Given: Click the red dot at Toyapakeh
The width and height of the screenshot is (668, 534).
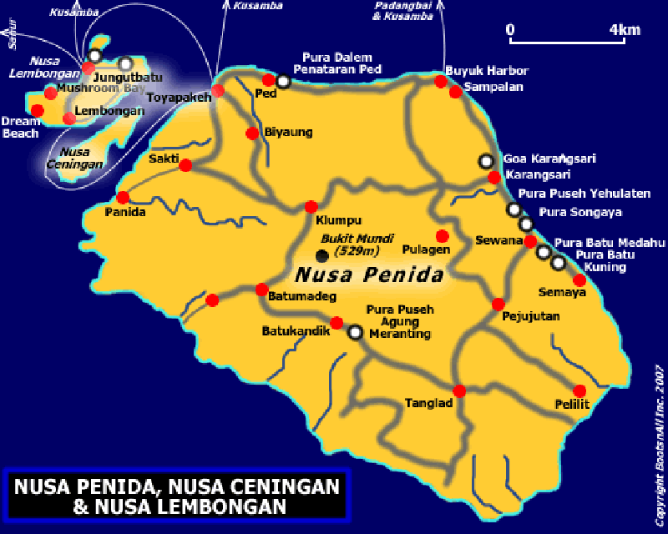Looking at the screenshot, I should click(218, 90).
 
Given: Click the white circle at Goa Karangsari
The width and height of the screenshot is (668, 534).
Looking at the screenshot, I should click(485, 160).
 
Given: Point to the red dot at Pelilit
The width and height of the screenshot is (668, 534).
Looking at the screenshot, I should click(579, 390).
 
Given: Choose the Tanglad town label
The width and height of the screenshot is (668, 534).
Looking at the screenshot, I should click(428, 403).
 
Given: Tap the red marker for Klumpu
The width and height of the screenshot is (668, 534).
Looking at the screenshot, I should click(311, 206).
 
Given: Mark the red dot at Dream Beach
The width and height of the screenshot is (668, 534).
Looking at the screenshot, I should click(37, 110).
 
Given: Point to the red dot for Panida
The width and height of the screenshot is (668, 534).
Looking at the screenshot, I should click(123, 198).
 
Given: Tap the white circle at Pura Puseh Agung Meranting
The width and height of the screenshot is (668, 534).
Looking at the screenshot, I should click(355, 332).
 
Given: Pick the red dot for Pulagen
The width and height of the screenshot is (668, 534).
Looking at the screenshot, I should click(442, 235).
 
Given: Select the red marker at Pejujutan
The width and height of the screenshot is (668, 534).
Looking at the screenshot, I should click(498, 304).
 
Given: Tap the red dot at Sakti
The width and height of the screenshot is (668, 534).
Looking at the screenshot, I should click(185, 165).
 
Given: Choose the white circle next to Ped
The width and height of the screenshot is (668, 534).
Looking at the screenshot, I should click(284, 82).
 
